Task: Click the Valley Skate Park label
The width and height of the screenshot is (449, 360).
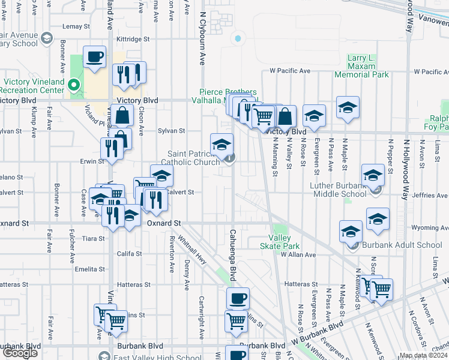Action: tap(279, 242)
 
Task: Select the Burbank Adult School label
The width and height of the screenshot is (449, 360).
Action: tap(404, 245)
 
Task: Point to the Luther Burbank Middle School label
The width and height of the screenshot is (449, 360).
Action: tap(337, 190)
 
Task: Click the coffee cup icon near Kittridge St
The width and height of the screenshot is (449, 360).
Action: tap(95, 58)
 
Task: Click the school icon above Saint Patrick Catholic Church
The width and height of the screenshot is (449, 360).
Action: tap(221, 144)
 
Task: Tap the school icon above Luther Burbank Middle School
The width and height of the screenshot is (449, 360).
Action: tap(373, 175)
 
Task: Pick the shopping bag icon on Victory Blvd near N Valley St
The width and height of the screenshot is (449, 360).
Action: tap(286, 116)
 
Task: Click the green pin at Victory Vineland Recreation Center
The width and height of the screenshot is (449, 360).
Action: tap(74, 85)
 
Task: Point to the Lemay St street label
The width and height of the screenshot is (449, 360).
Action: tap(76, 26)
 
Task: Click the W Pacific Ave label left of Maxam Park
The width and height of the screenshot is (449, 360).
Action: tap(290, 71)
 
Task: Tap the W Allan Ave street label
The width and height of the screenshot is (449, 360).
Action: tap(298, 255)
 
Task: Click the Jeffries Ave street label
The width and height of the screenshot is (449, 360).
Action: tap(430, 196)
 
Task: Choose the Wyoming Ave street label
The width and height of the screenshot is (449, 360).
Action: tap(429, 228)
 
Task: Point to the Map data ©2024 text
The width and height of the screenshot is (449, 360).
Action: tap(423, 355)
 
